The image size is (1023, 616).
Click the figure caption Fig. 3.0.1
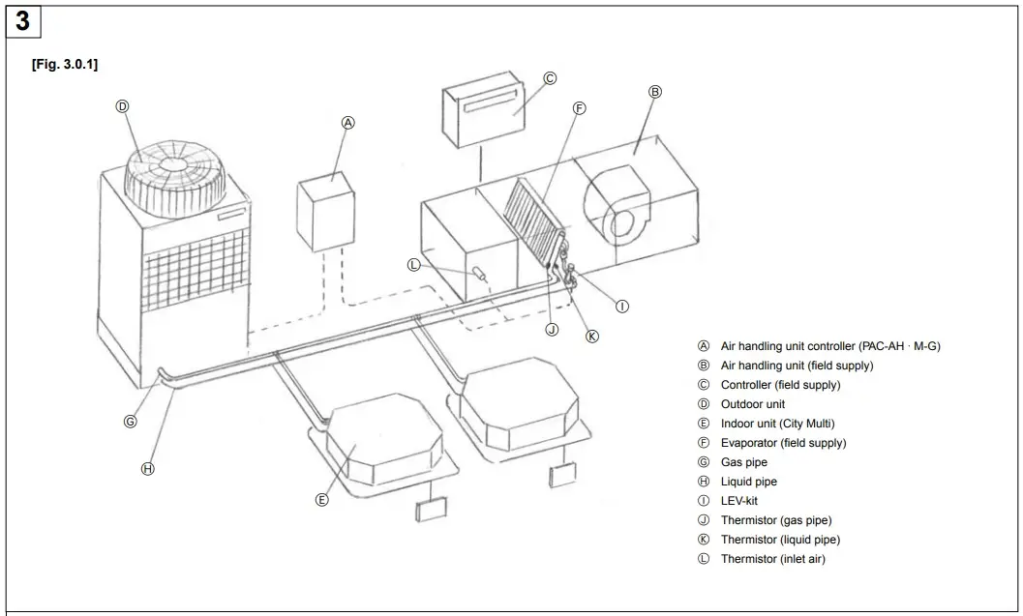point(65,64)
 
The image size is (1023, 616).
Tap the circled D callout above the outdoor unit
point(123,106)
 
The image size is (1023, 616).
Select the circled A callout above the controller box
point(348,123)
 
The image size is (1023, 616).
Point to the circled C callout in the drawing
point(550,78)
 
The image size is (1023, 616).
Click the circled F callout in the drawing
point(579,108)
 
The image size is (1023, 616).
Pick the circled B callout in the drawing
point(654,92)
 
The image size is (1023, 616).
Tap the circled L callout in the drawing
point(414,265)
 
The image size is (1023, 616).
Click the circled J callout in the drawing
point(552,330)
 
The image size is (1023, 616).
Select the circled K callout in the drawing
point(592,337)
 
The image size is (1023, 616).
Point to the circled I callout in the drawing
point(622,306)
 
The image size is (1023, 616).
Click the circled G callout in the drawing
point(131,422)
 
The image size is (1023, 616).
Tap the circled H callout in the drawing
point(148,468)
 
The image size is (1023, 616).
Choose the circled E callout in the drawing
point(322,500)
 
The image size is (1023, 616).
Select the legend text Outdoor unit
point(752,404)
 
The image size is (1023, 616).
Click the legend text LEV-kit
point(739,501)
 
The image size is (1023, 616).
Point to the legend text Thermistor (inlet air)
point(772,559)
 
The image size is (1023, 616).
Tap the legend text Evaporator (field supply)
point(783,443)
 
